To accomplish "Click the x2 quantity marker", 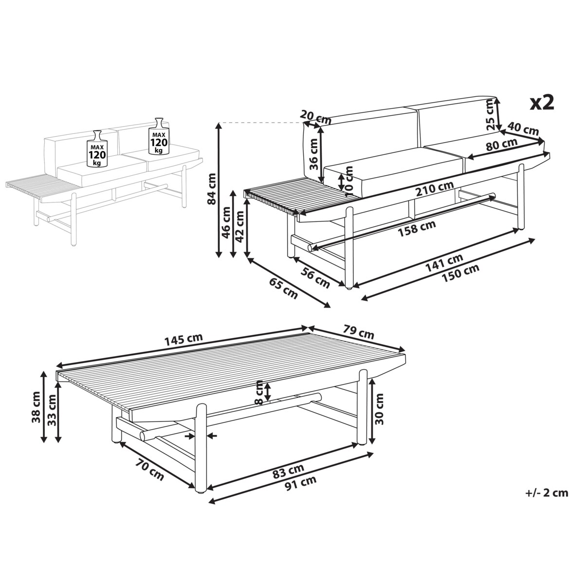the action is (542, 103).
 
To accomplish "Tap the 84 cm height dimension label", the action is (212, 189).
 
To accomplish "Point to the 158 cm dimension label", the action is (417, 228).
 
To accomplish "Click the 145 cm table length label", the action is (183, 340).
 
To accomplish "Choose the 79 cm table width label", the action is (359, 331).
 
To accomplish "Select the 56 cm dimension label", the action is (315, 278).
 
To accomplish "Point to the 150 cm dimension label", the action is (460, 273).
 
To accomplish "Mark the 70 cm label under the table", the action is (150, 470).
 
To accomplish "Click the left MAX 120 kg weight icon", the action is (97, 148).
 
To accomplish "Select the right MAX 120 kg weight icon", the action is (159, 136).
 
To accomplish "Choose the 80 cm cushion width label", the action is (502, 145).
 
